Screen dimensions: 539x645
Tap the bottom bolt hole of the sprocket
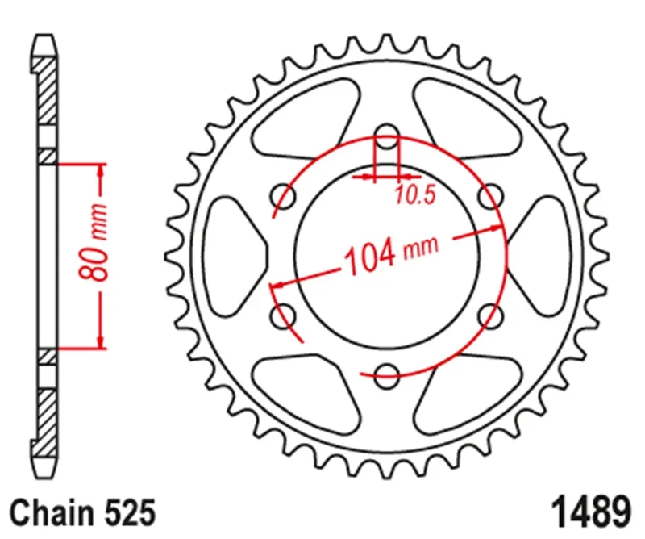coord(388,373)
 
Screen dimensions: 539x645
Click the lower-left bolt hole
coord(283,315)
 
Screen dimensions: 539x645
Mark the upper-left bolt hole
coord(285,194)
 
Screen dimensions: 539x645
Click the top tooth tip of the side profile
coord(48,39)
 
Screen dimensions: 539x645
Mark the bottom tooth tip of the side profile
coord(48,474)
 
